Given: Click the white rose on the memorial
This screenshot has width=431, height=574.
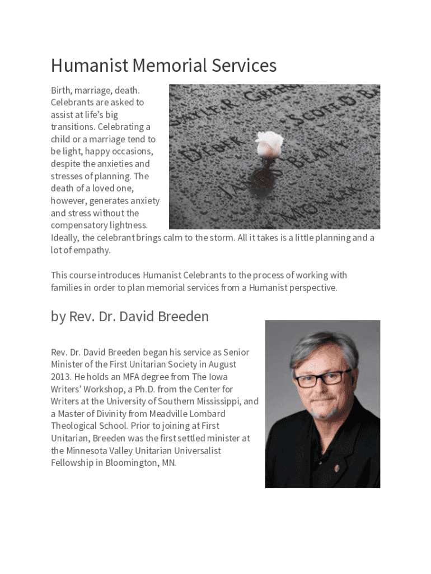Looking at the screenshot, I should tap(269, 143).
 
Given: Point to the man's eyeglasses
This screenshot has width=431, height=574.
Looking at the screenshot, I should tap(323, 378).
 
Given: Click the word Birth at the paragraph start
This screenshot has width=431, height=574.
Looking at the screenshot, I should tap(61, 90).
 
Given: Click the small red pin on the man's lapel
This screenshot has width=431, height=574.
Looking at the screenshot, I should tap(337, 467).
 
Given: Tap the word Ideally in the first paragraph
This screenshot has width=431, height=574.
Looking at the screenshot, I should tap(65, 238).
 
